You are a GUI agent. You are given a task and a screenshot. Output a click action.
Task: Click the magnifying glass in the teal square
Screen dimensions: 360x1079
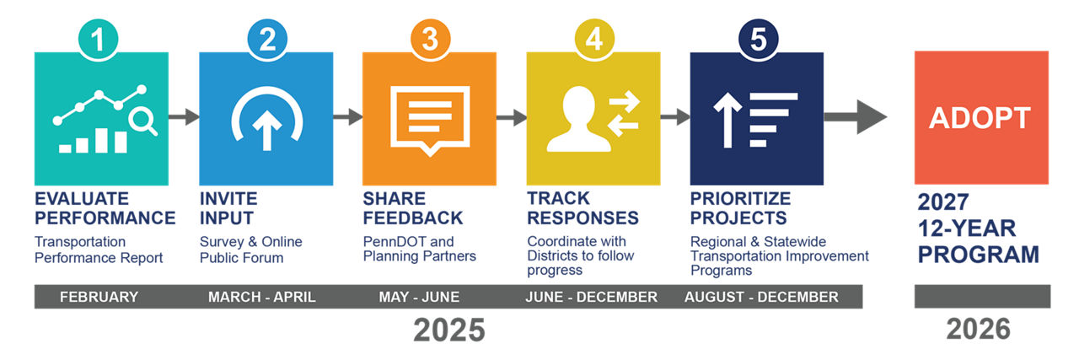click(142, 122)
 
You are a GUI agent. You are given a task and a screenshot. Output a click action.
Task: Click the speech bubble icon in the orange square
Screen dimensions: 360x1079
click(430, 117)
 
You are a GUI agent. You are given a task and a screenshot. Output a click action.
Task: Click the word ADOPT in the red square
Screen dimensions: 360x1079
click(980, 118)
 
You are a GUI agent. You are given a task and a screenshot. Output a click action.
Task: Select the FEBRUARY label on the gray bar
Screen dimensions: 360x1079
click(99, 297)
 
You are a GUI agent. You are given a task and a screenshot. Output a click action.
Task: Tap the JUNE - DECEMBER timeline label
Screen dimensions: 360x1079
click(591, 297)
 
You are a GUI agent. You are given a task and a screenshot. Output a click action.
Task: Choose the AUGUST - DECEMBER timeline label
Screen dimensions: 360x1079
click(761, 297)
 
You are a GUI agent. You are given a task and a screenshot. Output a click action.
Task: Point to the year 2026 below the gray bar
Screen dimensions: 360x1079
click(979, 330)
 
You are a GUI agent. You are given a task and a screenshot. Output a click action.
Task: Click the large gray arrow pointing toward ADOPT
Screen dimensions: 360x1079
click(855, 117)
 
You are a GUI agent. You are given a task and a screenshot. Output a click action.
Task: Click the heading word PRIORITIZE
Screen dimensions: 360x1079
click(740, 199)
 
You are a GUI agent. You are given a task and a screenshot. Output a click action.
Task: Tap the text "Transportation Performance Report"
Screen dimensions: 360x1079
click(99, 250)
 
